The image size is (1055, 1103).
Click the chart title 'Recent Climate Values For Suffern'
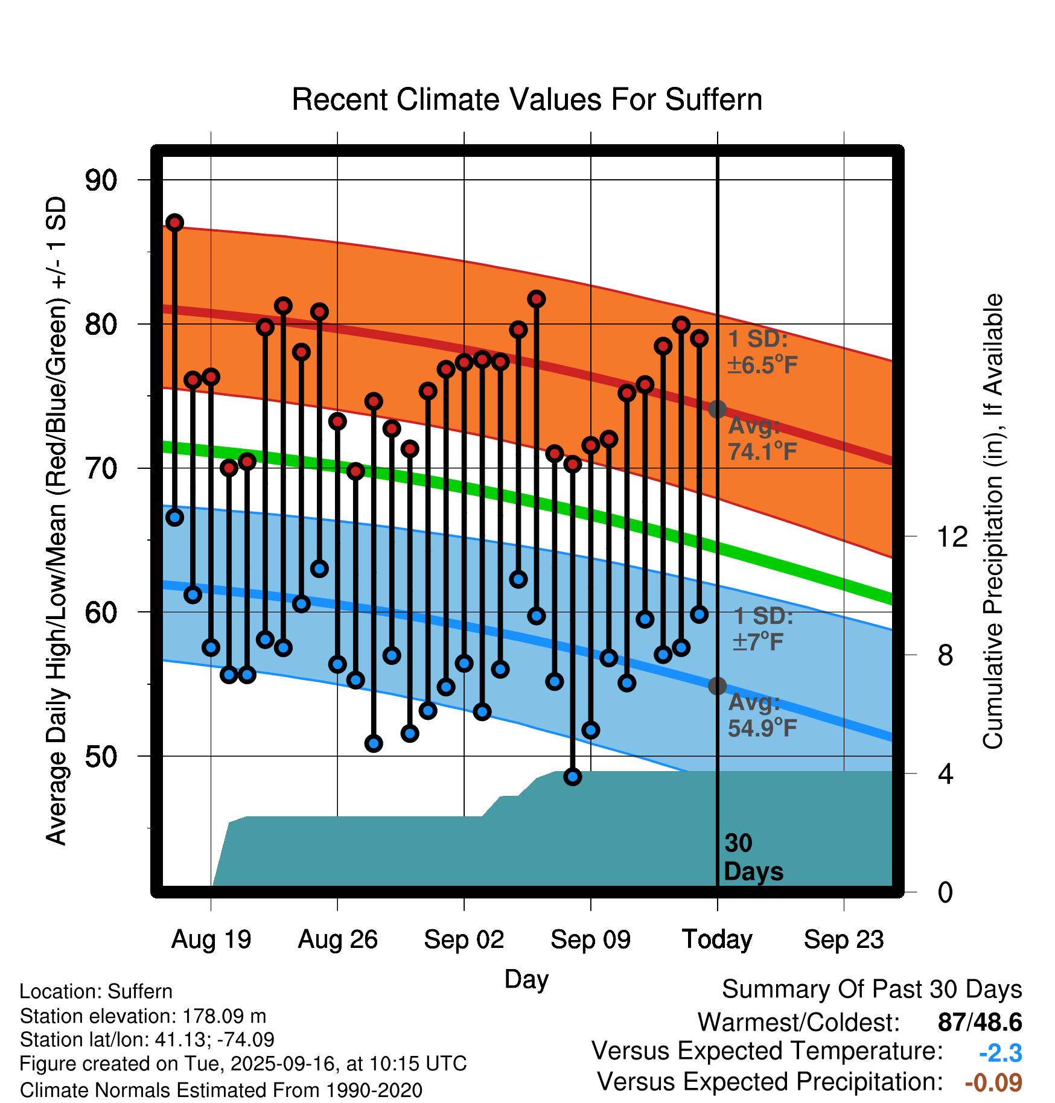(x=527, y=100)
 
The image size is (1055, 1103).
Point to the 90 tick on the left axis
(x=101, y=180)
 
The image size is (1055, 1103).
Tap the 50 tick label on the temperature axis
(x=101, y=756)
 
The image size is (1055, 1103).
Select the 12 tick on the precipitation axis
(x=952, y=536)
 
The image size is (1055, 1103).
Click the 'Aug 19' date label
(x=211, y=939)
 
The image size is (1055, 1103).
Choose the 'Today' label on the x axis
(x=717, y=939)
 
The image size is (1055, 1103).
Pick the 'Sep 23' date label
(x=844, y=939)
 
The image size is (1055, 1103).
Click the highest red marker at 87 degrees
(x=175, y=223)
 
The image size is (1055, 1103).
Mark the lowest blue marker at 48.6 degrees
(x=573, y=777)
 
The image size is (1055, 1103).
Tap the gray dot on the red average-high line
(x=717, y=409)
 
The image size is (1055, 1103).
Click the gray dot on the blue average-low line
(x=717, y=686)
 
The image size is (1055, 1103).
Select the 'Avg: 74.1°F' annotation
(x=762, y=439)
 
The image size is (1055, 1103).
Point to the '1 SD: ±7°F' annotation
(x=763, y=629)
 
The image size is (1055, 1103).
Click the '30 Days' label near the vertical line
(x=753, y=857)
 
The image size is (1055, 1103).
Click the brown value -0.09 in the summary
(x=993, y=1082)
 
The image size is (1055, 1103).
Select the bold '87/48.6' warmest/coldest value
(x=980, y=1022)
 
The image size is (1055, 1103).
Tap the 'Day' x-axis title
(x=526, y=979)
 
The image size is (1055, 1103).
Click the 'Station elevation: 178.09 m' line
(x=143, y=1016)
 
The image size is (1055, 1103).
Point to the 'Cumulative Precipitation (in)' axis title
(x=993, y=521)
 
